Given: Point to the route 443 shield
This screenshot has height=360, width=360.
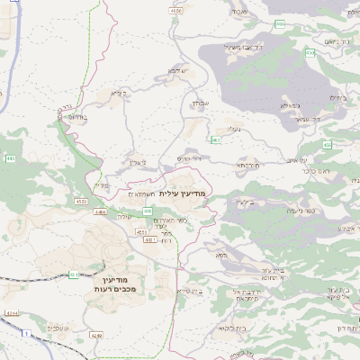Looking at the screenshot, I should click(x=10, y=159).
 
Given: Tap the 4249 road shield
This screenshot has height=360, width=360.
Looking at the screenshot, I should click(x=96, y=335).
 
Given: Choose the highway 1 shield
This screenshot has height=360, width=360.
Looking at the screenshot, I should click(x=26, y=334).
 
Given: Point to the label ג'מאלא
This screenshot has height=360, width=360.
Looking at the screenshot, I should click(x=290, y=105).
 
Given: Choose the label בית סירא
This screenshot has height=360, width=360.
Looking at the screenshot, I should click(x=188, y=292).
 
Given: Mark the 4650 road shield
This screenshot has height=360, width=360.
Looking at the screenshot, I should click(x=176, y=11).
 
